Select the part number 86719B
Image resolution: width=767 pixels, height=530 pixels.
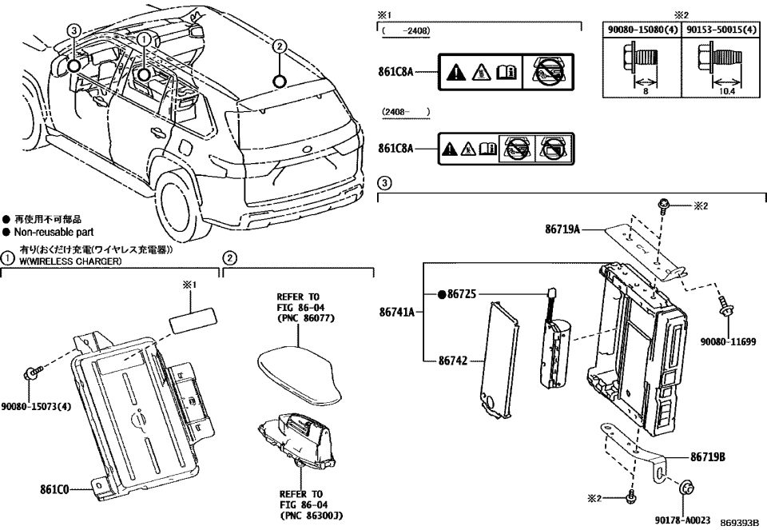(708, 457)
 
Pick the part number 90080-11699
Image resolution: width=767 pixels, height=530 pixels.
(728, 341)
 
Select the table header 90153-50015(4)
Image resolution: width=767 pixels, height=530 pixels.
(722, 30)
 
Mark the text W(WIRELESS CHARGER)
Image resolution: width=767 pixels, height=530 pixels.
(71, 261)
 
